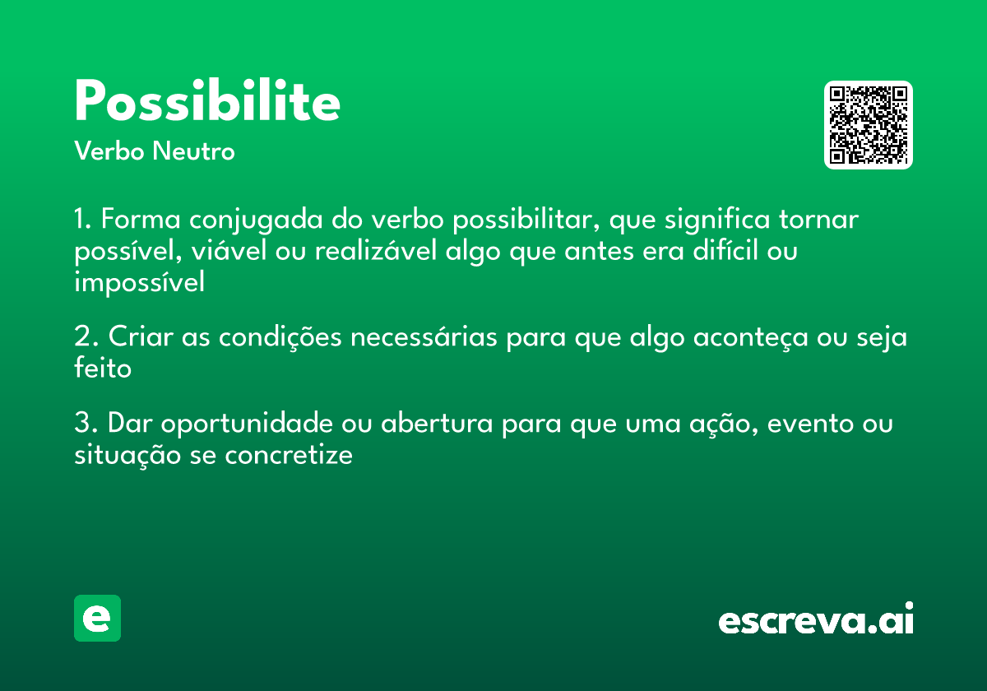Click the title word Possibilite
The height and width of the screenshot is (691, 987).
[207, 103]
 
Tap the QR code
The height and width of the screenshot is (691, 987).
[868, 125]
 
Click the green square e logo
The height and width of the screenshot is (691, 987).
[97, 618]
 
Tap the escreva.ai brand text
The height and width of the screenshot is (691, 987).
[816, 620]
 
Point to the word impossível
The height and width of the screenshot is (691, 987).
[139, 282]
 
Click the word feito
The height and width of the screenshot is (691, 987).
[103, 369]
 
